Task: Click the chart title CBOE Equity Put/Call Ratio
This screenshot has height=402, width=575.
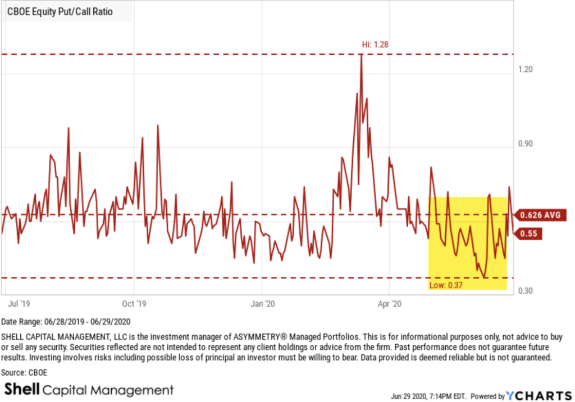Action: pos(60,12)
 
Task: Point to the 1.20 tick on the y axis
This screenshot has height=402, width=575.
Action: pos(525,69)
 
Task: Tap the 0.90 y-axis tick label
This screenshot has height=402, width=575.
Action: pos(525,144)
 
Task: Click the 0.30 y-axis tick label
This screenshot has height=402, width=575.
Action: pos(525,291)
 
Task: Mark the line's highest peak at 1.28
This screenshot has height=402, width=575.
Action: pos(361,55)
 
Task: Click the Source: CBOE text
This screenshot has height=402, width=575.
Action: pos(26,372)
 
